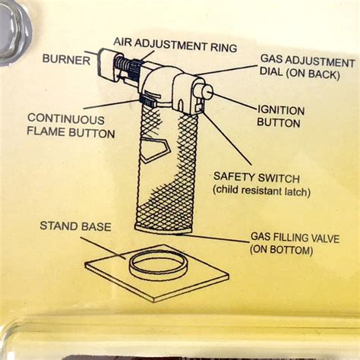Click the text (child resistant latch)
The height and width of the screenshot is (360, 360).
pos(261,191)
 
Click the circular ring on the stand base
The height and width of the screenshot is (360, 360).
pos(159,266)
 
